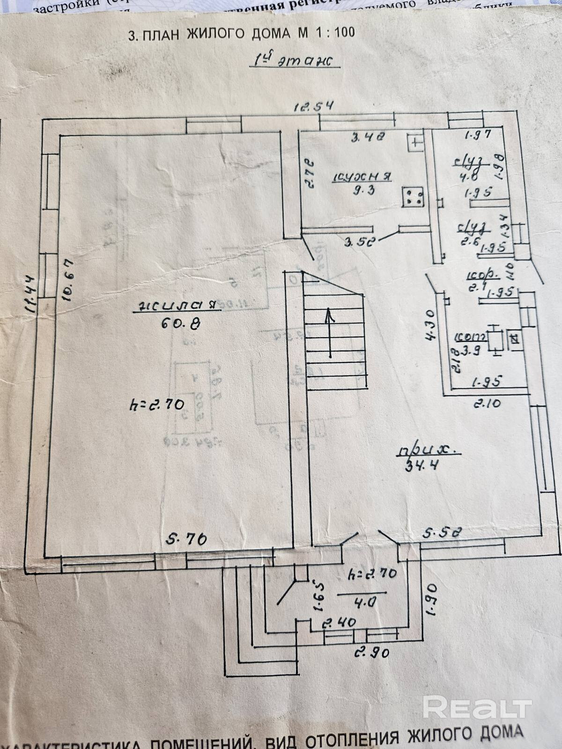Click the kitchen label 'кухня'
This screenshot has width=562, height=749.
[x=362, y=176]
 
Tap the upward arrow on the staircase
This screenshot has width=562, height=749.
[x=330, y=332]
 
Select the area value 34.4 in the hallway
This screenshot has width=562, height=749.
[x=420, y=466]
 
